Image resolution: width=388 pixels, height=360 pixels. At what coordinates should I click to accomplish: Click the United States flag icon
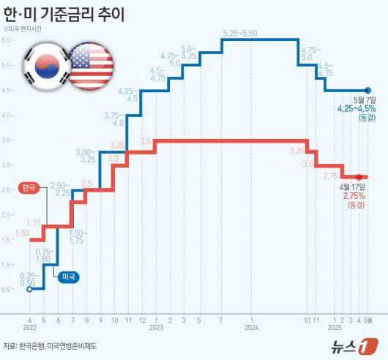pos(89,66)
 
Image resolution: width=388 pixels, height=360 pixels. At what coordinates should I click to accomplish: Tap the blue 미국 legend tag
pos(70,276)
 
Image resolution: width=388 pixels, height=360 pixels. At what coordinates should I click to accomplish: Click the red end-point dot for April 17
pos(359,177)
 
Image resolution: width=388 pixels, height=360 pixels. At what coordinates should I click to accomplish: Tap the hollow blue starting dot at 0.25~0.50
pos(29,289)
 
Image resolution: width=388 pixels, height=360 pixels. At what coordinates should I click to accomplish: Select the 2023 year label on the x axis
pos(156,328)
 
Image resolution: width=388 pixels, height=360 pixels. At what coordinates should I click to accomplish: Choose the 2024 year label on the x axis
pos(251,328)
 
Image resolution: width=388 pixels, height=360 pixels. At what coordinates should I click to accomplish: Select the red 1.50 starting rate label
pos(21,233)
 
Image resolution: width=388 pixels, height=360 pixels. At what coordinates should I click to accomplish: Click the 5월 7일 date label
pos(365,99)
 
